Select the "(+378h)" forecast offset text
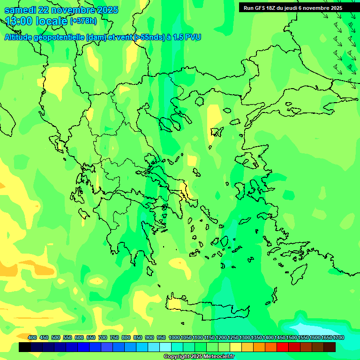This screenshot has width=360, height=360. pyautogui.click(x=83, y=21)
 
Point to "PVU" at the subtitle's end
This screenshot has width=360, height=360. pyautogui.click(x=193, y=37)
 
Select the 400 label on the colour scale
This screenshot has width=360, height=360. pyautogui.click(x=32, y=338)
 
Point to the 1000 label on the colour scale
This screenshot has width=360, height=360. pyautogui.click(x=174, y=338)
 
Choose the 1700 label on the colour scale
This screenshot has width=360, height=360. pyautogui.click(x=338, y=338)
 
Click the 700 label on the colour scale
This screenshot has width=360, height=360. pyautogui.click(x=103, y=338)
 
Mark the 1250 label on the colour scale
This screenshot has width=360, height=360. pyautogui.click(x=233, y=338)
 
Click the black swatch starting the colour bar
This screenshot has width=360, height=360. pyautogui.click(x=25, y=347)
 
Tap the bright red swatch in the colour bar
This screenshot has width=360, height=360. pyautogui.click(x=283, y=347)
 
